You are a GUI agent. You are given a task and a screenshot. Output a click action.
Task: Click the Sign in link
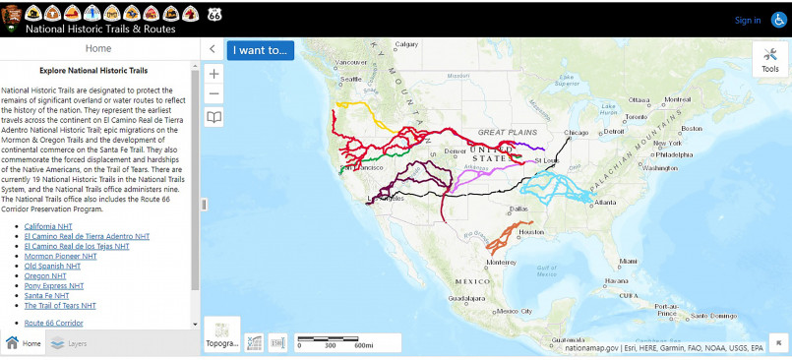tap(747, 20)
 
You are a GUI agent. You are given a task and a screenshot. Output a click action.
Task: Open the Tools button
tap(769, 61)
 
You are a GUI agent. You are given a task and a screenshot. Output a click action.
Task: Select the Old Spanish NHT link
tap(49, 266)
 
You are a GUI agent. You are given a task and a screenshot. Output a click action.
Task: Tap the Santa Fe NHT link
tap(46, 295)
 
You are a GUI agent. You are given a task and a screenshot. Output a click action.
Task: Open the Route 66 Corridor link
tap(54, 323)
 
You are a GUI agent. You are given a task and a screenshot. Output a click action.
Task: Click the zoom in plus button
tap(214, 73)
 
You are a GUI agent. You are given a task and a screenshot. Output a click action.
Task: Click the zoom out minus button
tap(214, 93)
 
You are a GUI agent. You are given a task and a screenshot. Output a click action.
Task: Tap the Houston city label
tap(531, 232)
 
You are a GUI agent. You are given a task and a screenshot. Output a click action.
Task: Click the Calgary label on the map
tap(407, 44)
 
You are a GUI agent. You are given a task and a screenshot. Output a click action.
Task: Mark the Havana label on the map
tap(617, 280)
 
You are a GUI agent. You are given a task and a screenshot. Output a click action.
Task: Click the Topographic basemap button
tap(221, 333)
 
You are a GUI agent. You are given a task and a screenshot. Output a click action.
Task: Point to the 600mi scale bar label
tap(363, 345)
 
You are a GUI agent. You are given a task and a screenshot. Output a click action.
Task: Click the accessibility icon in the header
tap(779, 20)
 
